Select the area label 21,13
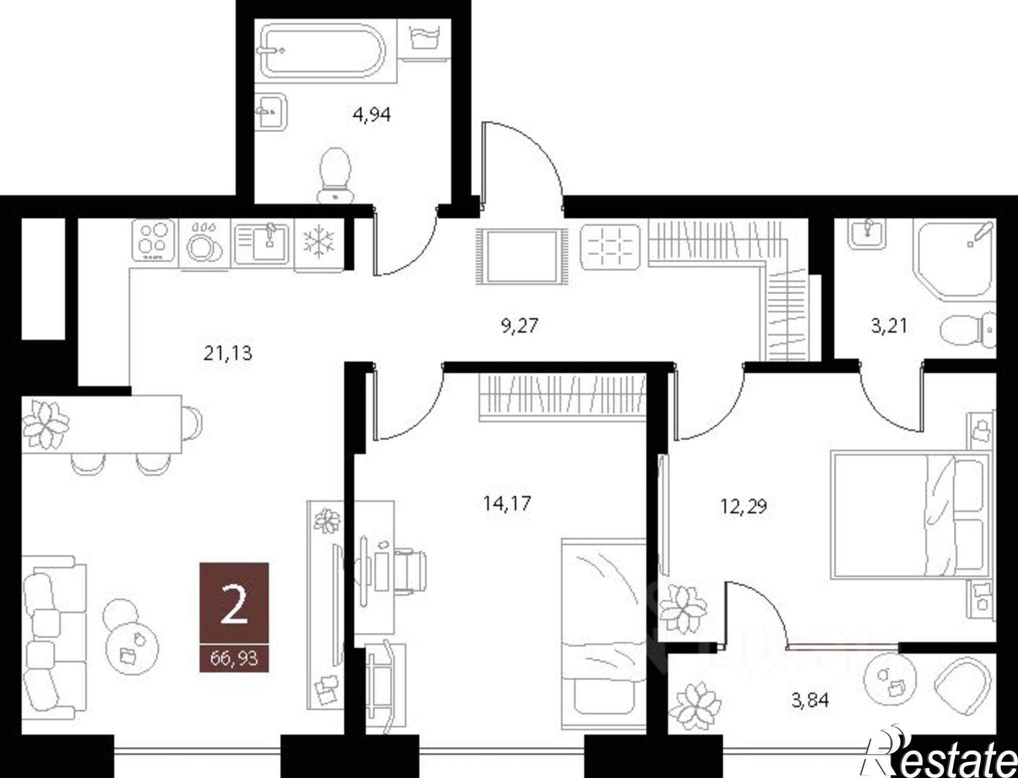(x=228, y=353)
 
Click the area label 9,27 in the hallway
(x=519, y=325)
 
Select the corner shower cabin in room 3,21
(x=952, y=260)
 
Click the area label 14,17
(x=507, y=504)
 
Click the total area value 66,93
(x=234, y=658)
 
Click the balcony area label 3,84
(x=810, y=701)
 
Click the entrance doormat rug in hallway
(x=521, y=256)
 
